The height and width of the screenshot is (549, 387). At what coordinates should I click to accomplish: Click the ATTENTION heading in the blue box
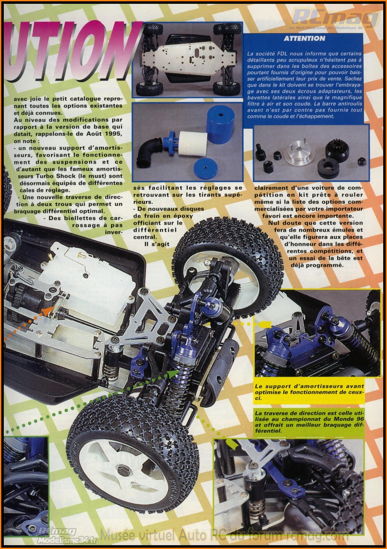tap(304, 39)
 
